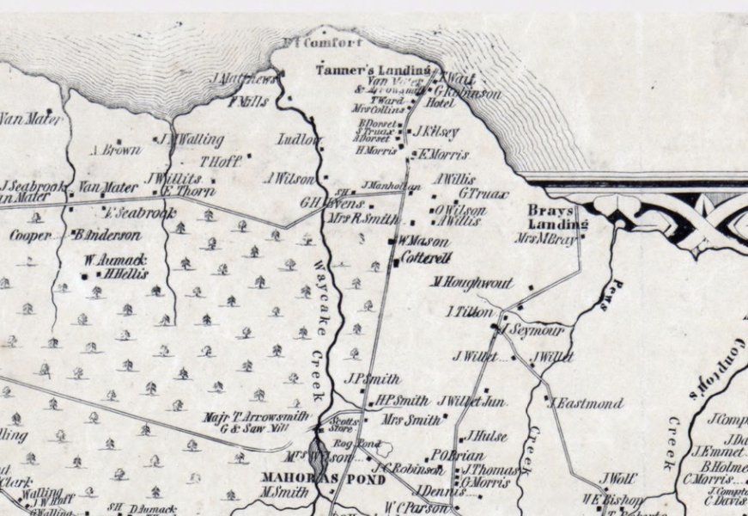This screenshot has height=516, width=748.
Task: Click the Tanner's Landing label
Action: (x=373, y=70)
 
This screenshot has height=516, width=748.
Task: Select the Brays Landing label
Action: (x=545, y=218)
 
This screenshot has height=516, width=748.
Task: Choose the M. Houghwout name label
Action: (x=472, y=283)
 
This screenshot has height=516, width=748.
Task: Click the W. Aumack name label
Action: (x=115, y=259)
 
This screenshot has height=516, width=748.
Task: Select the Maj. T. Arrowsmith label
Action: (x=256, y=417)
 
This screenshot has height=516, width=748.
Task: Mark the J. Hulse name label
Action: (x=486, y=436)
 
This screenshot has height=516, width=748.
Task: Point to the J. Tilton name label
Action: (x=470, y=312)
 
